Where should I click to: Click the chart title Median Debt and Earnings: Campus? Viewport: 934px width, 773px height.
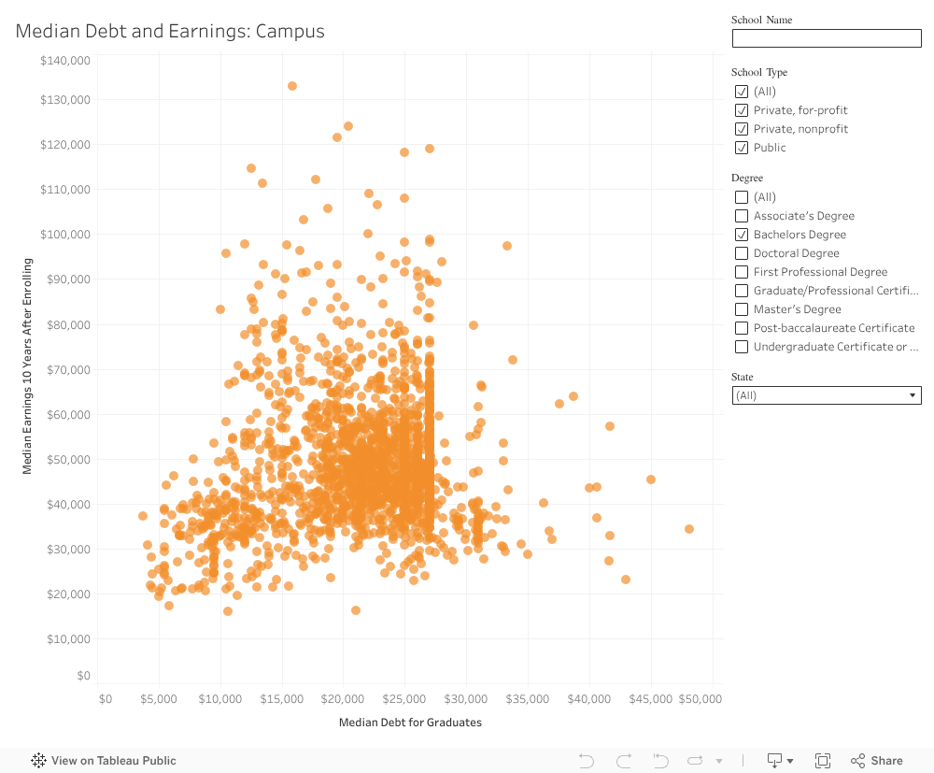click(170, 31)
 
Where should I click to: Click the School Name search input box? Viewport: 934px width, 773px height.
click(826, 38)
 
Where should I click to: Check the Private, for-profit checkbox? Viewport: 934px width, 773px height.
click(742, 110)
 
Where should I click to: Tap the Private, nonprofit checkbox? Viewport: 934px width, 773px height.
click(742, 129)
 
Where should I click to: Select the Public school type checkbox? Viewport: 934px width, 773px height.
click(742, 148)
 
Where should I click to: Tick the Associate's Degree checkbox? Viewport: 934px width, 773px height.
click(742, 216)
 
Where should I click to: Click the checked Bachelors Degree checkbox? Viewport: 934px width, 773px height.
click(742, 235)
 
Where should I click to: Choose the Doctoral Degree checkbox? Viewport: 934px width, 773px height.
click(742, 253)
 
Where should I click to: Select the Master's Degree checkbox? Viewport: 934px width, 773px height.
click(742, 309)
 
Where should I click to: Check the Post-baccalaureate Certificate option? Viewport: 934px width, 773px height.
click(742, 328)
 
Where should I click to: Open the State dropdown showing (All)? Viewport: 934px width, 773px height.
click(826, 395)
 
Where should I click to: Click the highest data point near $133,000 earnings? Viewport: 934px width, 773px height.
click(292, 86)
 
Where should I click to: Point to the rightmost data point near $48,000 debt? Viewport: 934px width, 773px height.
click(689, 529)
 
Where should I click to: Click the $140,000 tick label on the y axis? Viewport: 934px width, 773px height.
click(65, 61)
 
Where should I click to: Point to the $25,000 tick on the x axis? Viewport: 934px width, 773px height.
click(404, 699)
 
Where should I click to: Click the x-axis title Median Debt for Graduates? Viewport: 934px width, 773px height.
click(410, 723)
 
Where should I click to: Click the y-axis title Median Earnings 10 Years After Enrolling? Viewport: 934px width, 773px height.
click(27, 366)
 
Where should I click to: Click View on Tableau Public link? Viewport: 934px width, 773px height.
click(104, 761)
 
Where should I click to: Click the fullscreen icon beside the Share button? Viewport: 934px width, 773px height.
click(823, 761)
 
